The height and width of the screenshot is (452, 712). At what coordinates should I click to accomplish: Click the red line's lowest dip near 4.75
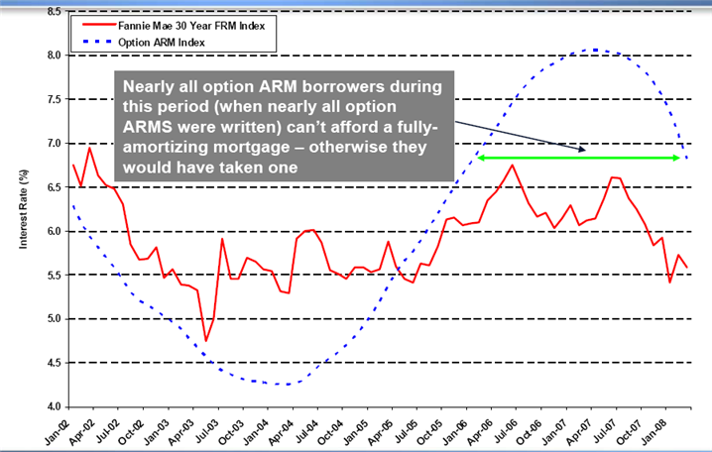pos(206,340)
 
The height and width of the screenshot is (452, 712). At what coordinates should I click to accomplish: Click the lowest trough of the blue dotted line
pos(286,384)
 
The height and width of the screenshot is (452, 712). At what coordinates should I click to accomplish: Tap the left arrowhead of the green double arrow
pos(481,158)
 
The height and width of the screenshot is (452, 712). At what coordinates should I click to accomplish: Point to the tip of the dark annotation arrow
pos(586,150)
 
